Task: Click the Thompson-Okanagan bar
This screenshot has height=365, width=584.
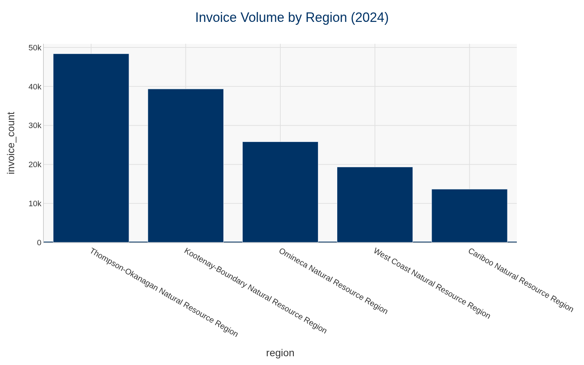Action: [91, 148]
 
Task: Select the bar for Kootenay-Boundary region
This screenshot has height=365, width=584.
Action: [185, 165]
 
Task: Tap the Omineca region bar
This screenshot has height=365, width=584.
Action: [280, 192]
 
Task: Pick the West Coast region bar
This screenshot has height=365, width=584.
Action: [374, 204]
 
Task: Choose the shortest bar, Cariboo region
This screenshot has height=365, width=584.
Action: [469, 215]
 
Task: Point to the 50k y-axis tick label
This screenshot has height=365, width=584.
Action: [35, 48]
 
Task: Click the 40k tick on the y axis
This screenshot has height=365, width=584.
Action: [35, 87]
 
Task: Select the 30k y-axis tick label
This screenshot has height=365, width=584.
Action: [35, 126]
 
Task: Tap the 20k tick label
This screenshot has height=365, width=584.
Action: [35, 165]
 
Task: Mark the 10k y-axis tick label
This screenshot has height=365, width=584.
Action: [35, 204]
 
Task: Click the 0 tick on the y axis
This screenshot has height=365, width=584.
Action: [39, 242]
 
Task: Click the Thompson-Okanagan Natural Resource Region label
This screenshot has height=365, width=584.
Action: [164, 292]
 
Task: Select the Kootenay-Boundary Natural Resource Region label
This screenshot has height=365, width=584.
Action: [255, 291]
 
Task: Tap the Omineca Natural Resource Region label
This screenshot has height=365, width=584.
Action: [333, 281]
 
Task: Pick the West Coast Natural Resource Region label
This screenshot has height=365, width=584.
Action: [431, 283]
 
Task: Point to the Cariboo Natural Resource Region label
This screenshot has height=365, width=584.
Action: [520, 280]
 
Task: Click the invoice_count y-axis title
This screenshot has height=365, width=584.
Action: [11, 143]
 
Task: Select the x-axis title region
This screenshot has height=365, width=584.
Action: [280, 353]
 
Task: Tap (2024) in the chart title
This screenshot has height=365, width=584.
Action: [369, 18]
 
